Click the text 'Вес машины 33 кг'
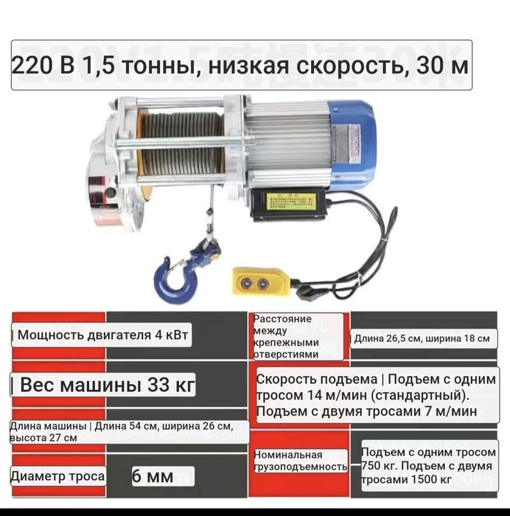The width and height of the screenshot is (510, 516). click(103, 386)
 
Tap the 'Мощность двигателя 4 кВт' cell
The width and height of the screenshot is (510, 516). click(102, 336)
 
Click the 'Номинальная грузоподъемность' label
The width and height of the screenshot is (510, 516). click(299, 461)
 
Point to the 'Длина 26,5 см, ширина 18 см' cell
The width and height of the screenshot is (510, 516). click(422, 338)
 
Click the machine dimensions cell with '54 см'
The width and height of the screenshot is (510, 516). click(122, 431)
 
